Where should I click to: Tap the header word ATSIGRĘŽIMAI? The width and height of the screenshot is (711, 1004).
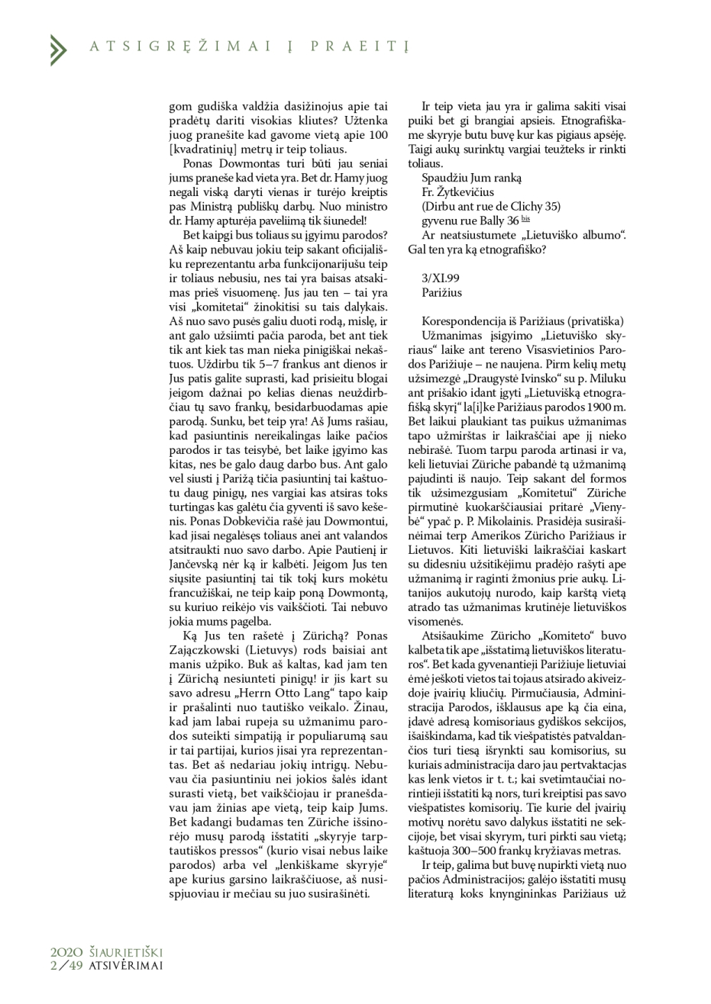[179, 47]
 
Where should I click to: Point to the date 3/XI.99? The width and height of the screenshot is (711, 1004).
[440, 278]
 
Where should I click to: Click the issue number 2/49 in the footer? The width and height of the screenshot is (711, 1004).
[64, 964]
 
